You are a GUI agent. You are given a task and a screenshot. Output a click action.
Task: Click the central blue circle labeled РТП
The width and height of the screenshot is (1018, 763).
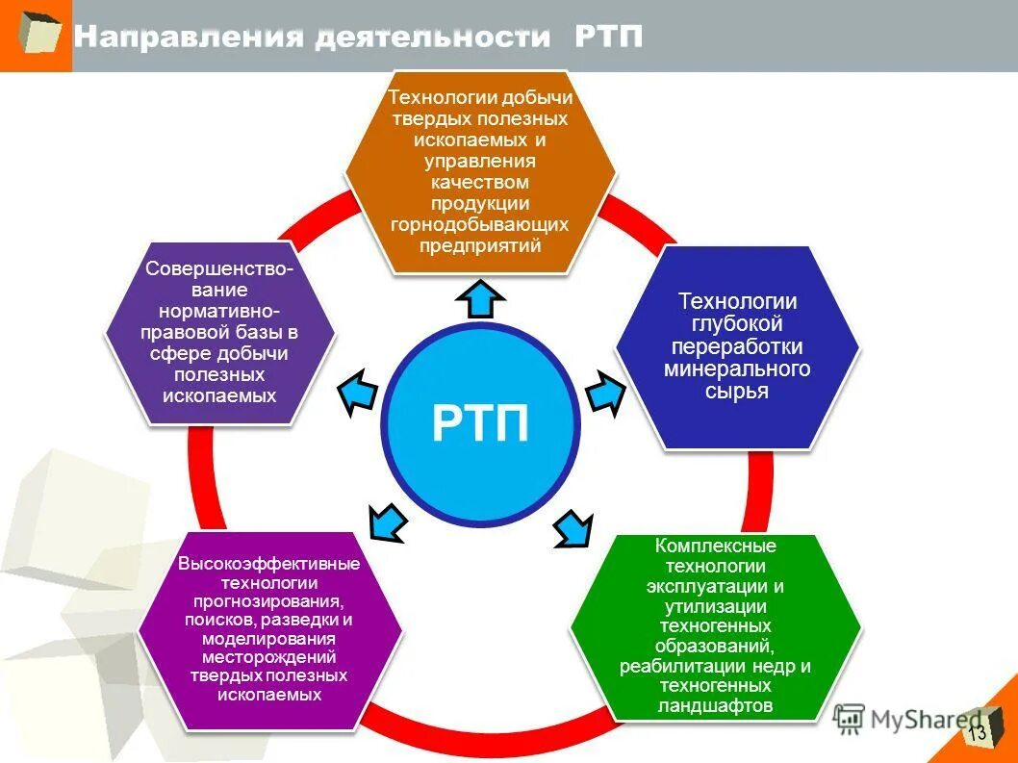click(480, 424)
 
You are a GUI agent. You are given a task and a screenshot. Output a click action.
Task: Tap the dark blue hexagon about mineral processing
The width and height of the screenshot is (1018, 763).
click(737, 346)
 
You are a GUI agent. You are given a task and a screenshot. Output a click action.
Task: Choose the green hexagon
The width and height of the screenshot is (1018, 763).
click(716, 626)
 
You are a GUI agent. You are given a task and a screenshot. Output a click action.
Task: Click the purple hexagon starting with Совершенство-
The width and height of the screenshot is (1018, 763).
click(220, 332)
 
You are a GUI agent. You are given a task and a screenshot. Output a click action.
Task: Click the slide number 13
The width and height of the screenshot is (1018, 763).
click(978, 733)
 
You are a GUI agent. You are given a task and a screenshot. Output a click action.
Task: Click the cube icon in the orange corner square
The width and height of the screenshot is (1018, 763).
click(37, 34)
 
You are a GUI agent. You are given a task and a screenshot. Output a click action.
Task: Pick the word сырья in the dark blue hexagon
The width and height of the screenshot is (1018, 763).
click(737, 392)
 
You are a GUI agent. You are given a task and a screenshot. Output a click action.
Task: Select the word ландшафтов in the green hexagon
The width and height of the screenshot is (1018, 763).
click(716, 705)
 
